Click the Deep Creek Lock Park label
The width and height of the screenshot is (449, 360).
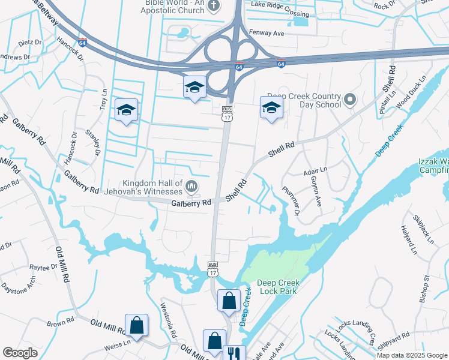[277, 287]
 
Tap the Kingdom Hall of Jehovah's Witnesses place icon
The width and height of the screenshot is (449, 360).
[191, 187]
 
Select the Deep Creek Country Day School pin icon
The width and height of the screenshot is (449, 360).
[351, 98]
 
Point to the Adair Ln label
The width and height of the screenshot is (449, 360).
[316, 171]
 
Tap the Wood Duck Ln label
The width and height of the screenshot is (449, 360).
[411, 89]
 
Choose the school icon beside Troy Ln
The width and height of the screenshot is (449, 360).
[127, 110]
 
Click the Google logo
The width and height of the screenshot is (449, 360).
[20, 353]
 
